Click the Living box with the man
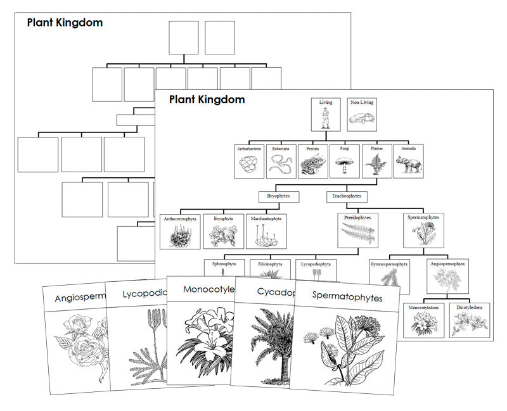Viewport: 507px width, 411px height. [326, 114]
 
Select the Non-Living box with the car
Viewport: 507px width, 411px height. [362, 114]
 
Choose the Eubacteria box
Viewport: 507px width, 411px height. [281, 162]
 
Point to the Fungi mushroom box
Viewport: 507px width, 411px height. [345, 162]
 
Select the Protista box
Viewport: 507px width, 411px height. [313, 162]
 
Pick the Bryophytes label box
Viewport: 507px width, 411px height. [278, 196]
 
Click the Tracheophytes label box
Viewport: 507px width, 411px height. [347, 196]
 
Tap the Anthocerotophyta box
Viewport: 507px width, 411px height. [180, 231]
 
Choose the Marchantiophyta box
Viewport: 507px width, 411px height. [265, 231]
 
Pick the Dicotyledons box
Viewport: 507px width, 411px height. [470, 319]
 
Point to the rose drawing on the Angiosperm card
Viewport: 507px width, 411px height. [77, 342]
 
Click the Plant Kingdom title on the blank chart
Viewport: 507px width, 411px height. [65, 23]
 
